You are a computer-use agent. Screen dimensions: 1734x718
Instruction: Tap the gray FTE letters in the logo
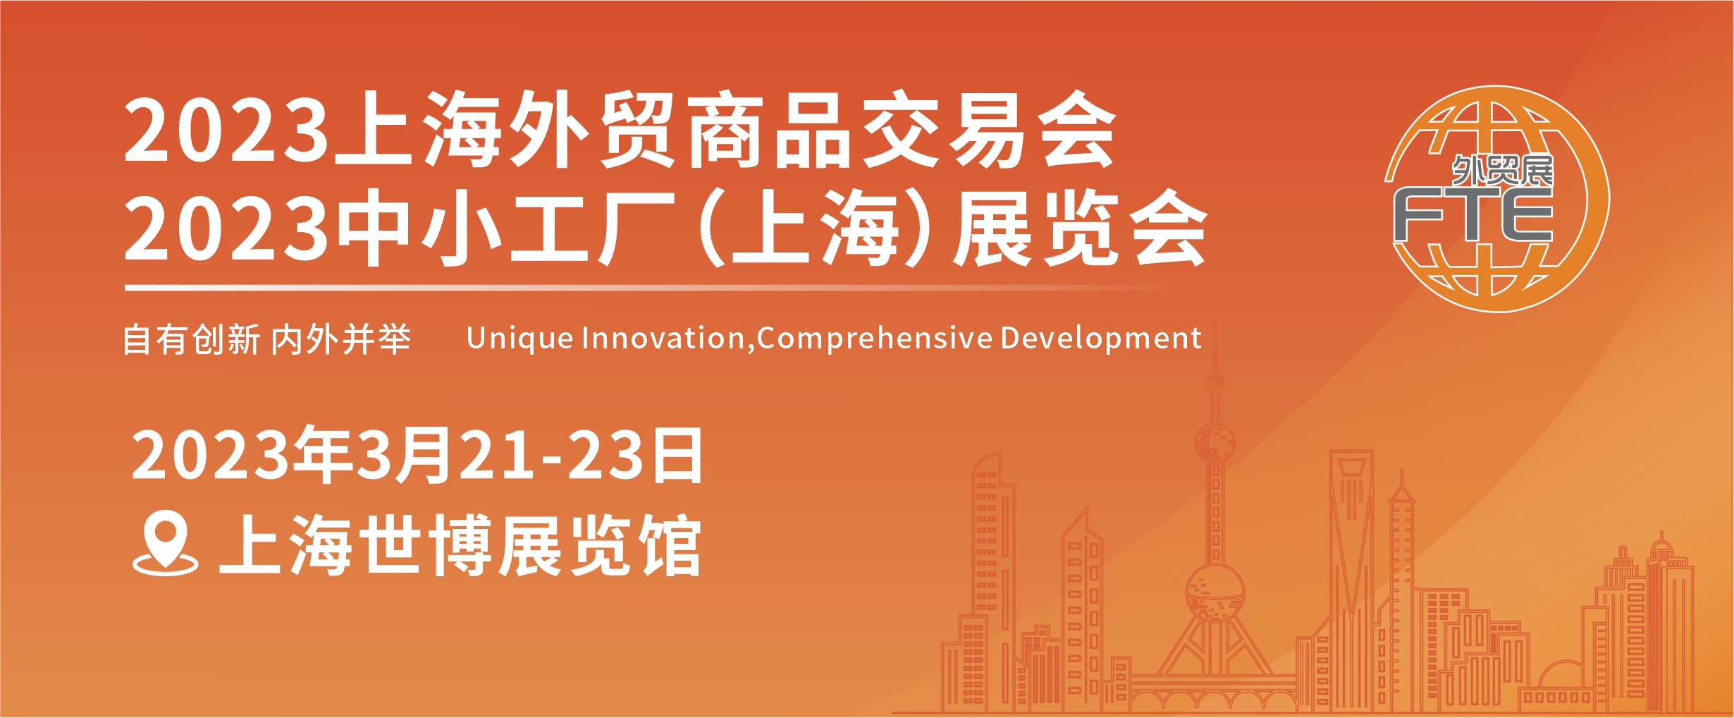[x=1473, y=215]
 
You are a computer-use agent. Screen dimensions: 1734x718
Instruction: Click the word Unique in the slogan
[x=519, y=339]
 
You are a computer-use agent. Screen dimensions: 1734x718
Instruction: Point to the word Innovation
[x=663, y=339]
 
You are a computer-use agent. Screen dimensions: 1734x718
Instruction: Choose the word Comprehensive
[x=875, y=339]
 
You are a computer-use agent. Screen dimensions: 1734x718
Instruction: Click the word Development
[x=1101, y=339]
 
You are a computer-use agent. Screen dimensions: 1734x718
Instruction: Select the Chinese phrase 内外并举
[x=341, y=340]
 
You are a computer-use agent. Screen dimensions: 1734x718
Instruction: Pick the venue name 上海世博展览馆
[x=460, y=544]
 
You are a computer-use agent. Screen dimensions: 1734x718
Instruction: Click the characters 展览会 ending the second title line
[x=1081, y=229]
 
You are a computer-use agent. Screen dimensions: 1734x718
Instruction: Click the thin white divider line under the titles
[x=648, y=288]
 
